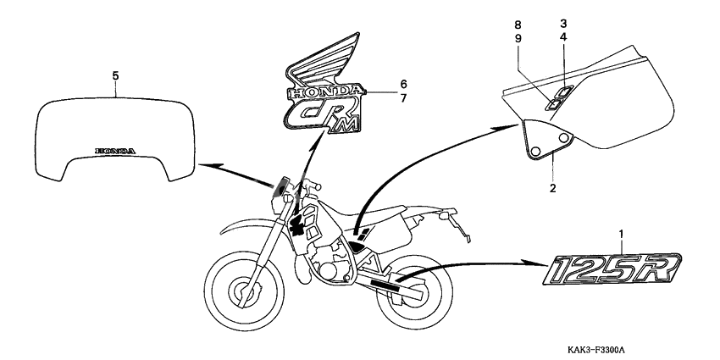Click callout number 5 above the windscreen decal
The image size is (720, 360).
(x=115, y=75)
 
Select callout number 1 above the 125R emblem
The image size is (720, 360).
(x=621, y=235)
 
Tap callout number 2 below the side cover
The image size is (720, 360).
(x=552, y=188)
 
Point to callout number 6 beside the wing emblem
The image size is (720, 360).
(x=403, y=84)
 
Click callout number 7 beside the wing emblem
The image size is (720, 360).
(x=403, y=98)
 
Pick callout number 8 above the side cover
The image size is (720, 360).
(x=518, y=25)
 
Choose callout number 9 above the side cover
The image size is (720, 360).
(x=518, y=39)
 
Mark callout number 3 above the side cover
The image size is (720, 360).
(x=563, y=23)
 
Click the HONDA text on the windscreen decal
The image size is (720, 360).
(x=115, y=151)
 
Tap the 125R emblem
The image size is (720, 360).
(x=612, y=269)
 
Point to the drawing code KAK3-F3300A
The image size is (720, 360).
(x=596, y=350)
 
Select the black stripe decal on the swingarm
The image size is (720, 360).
(x=386, y=286)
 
